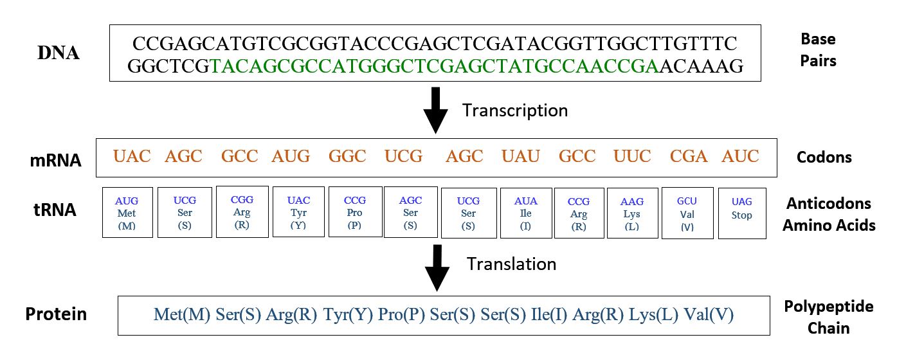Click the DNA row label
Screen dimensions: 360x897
point(59,53)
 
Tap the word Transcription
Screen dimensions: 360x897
point(514,111)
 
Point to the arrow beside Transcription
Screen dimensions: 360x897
point(435,109)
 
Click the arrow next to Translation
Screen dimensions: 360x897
point(437,266)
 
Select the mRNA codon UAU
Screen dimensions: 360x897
point(520,156)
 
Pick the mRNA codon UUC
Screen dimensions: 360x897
point(632,156)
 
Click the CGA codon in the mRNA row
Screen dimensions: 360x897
point(689,156)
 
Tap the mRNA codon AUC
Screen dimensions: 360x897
point(740,156)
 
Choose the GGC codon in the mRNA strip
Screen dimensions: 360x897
point(347,156)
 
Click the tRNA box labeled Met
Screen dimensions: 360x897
point(127,213)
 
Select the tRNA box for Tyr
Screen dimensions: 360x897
point(298,212)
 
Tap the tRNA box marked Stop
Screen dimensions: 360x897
point(741,213)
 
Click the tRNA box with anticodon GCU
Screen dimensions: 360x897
point(687,213)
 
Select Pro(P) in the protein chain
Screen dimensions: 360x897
point(401,315)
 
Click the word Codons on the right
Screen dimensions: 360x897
point(824,157)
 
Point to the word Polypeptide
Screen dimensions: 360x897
point(828,307)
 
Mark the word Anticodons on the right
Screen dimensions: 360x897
point(829,204)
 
